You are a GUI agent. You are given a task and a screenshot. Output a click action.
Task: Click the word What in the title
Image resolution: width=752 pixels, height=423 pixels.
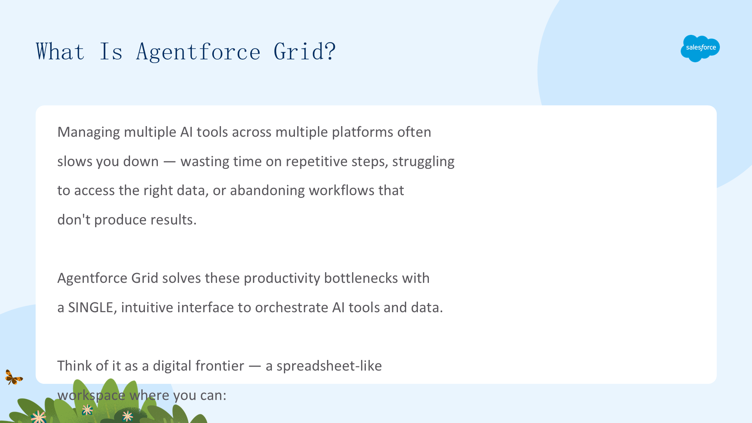pos(60,51)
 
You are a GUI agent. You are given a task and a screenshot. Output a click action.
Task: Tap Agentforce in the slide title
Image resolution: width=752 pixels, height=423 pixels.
pos(198,52)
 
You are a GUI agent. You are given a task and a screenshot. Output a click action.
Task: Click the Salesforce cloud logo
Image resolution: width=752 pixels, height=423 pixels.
pos(700,48)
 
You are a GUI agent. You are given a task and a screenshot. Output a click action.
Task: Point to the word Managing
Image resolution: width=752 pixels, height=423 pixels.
pos(89,132)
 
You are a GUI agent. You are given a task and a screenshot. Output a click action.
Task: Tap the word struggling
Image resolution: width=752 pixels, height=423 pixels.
pos(423,162)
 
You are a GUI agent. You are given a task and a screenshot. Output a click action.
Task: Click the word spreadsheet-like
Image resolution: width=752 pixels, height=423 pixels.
pos(329,366)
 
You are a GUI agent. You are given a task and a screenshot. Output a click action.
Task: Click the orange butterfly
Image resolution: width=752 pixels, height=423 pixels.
pos(14,377)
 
